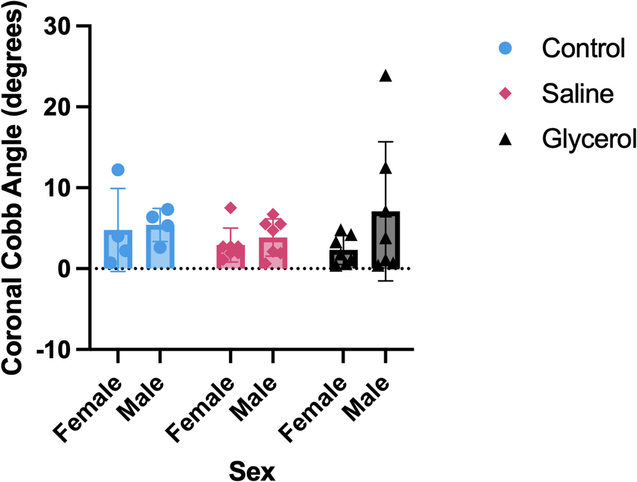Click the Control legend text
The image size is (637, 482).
[582, 48]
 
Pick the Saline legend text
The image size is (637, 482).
[577, 93]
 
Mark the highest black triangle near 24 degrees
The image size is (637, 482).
[386, 76]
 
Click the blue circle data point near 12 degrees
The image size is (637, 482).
[118, 170]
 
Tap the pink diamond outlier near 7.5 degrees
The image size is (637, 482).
[231, 208]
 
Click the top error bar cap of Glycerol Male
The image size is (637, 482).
[386, 142]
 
